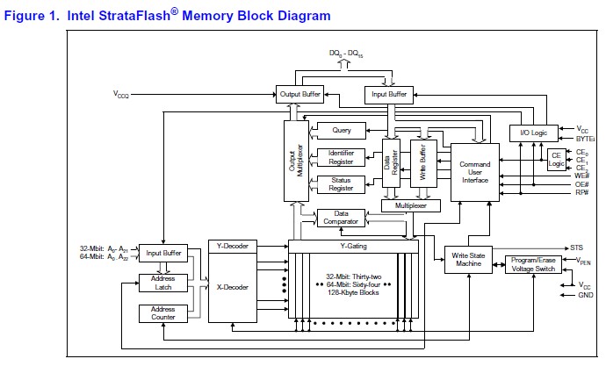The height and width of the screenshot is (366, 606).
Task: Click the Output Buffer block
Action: tap(299, 92)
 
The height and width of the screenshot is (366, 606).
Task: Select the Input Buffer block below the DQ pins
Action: tap(388, 92)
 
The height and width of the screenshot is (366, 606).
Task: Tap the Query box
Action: tap(342, 131)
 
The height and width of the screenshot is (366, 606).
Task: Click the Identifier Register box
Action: tap(342, 157)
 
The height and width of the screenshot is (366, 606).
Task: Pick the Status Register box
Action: tap(342, 183)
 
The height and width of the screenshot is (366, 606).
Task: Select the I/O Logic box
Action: tap(534, 133)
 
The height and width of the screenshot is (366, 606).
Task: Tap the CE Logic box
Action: tap(557, 159)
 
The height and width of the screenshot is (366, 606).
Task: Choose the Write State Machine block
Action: tap(468, 260)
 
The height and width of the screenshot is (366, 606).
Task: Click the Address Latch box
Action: tap(162, 283)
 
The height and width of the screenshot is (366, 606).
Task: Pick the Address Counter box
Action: tap(162, 313)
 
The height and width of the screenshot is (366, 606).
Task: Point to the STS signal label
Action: tap(577, 247)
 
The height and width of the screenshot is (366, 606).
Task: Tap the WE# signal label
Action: tap(582, 175)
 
